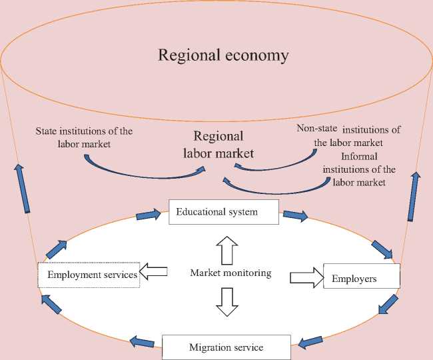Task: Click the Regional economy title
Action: [x=223, y=55]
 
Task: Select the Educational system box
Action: [x=222, y=212]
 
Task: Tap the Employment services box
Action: [x=88, y=274]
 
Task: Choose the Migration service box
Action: [x=226, y=347]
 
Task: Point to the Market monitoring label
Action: [x=230, y=273]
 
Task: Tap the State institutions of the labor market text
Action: [x=84, y=137]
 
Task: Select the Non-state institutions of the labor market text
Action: [x=348, y=135]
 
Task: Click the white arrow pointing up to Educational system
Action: [x=227, y=250]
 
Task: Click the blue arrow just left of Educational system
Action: [x=149, y=215]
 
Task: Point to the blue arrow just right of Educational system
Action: [x=295, y=215]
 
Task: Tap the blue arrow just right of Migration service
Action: [x=311, y=343]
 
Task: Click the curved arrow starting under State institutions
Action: [x=140, y=172]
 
